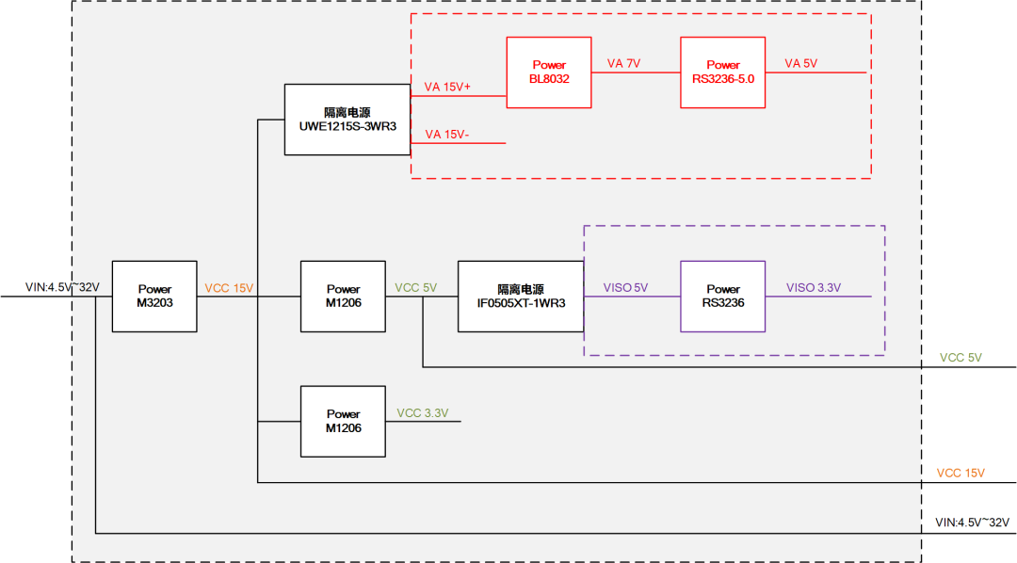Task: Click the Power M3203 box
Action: click(x=154, y=296)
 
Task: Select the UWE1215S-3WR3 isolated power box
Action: click(x=347, y=119)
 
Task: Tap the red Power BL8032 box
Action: click(x=549, y=72)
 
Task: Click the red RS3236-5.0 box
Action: click(x=723, y=72)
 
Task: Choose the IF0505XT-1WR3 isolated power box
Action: click(x=521, y=296)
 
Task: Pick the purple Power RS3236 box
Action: click(x=722, y=296)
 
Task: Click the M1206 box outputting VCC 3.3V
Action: click(x=343, y=421)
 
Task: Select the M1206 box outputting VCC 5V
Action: click(x=343, y=296)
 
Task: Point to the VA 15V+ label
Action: click(x=447, y=87)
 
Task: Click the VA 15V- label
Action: click(x=446, y=135)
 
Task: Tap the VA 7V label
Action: click(x=623, y=63)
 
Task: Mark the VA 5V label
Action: click(x=801, y=63)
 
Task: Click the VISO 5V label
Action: click(x=625, y=288)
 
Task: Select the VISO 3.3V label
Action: click(x=814, y=288)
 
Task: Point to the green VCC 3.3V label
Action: click(x=422, y=412)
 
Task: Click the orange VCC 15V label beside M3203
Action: click(x=229, y=288)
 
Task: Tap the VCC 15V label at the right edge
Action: click(x=960, y=473)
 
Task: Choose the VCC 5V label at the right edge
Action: click(x=960, y=358)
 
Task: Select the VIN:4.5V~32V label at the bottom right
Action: click(x=972, y=522)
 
